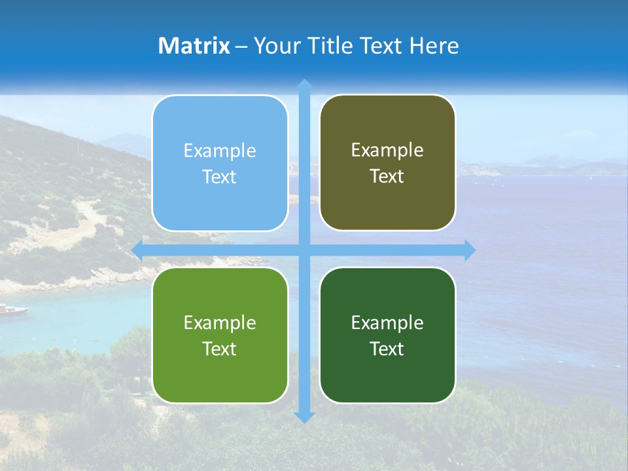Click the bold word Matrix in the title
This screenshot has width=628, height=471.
tap(194, 46)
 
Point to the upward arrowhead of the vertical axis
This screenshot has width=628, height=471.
tap(304, 85)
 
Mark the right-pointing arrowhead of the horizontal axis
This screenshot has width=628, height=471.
tap(470, 250)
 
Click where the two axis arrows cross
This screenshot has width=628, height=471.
tap(304, 250)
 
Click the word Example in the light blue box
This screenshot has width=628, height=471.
tap(220, 151)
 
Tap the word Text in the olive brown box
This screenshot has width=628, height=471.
tap(387, 177)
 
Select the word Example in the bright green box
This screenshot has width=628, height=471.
tap(220, 323)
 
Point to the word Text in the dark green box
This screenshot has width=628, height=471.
tap(387, 349)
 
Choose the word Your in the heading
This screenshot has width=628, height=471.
tap(274, 46)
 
